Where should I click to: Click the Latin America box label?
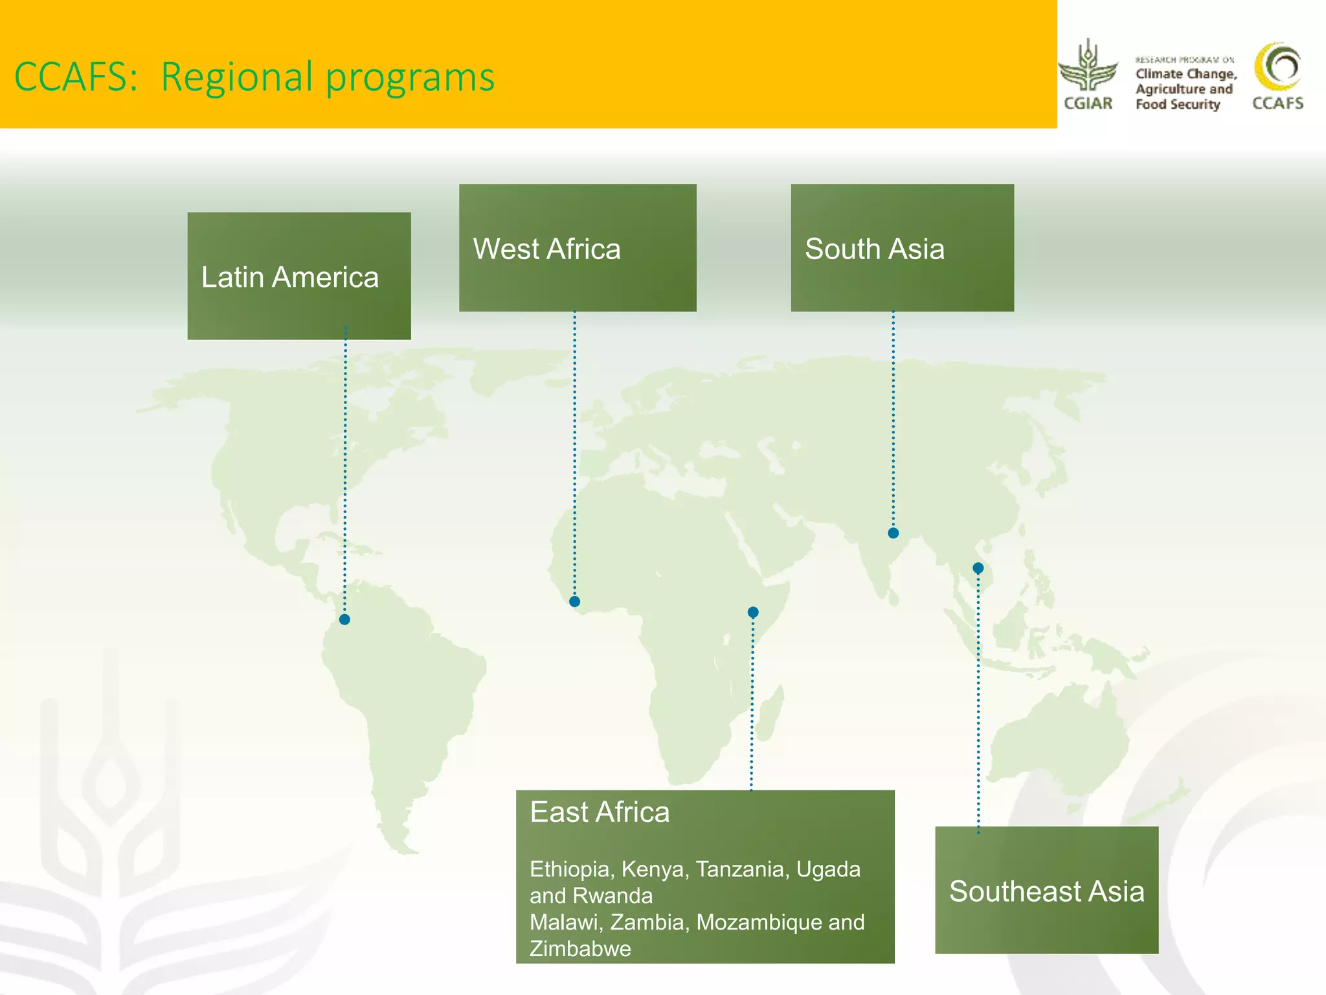(x=289, y=277)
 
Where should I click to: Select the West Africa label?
(x=546, y=249)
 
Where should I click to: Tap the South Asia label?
(x=874, y=249)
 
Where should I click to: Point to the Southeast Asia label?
(x=1046, y=891)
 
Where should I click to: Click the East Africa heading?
(x=600, y=812)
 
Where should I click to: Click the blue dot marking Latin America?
(x=344, y=620)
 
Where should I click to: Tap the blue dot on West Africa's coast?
(x=574, y=602)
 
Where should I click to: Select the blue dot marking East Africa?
(x=753, y=612)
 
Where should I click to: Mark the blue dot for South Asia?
(x=893, y=533)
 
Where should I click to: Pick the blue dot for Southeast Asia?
(x=978, y=568)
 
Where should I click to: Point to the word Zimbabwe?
(x=580, y=949)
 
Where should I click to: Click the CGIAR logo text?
(x=1088, y=104)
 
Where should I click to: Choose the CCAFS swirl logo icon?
(x=1278, y=67)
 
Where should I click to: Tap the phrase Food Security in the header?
(x=1178, y=104)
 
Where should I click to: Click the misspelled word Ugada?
(x=828, y=869)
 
